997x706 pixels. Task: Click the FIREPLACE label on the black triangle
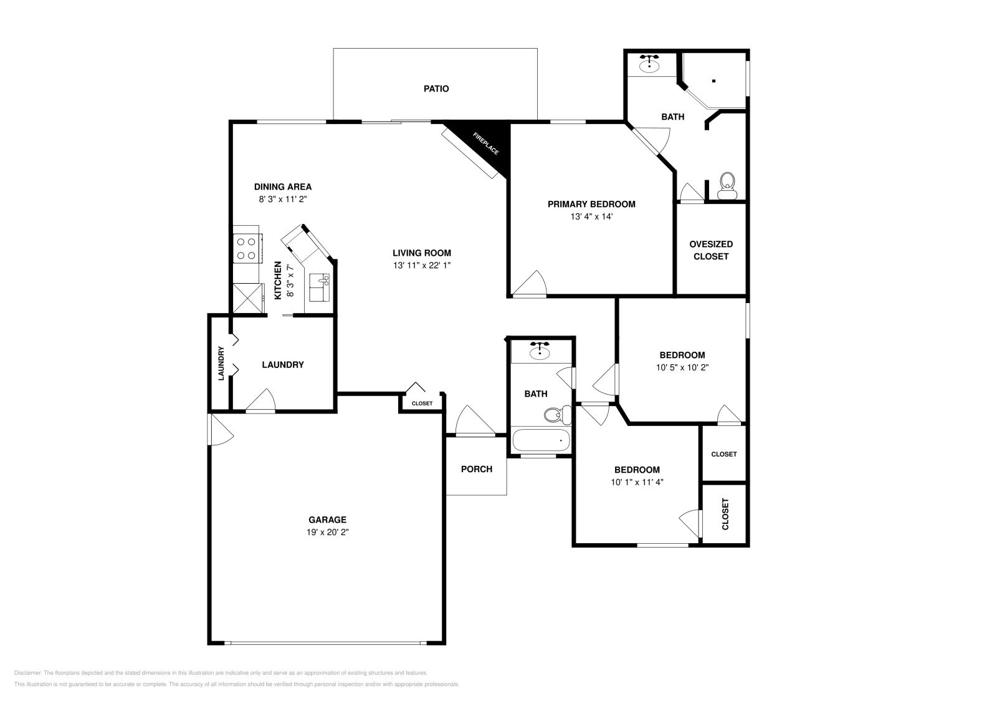[x=485, y=143]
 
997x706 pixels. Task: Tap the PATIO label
[x=436, y=89]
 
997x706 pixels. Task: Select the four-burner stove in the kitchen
[x=246, y=249]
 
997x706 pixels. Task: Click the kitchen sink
[x=319, y=288]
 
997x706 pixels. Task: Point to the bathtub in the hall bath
[x=541, y=440]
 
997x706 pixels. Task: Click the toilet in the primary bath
[x=727, y=186]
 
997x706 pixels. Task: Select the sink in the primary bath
[x=649, y=64]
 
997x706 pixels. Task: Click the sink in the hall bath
[x=540, y=351]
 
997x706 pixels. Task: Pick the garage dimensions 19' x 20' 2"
[x=328, y=532]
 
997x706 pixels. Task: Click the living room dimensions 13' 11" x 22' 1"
[x=422, y=265]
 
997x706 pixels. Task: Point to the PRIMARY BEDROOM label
[x=591, y=204]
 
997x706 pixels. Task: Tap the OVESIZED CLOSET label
[x=711, y=250]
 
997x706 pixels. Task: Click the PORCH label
[x=477, y=469]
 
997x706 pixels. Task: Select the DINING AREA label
[x=283, y=186]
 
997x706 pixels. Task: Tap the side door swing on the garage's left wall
[x=221, y=430]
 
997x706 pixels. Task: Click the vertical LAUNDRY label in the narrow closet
[x=221, y=364]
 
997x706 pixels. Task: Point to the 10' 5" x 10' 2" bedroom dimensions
[x=682, y=367]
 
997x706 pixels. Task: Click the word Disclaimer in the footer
[x=27, y=673]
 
